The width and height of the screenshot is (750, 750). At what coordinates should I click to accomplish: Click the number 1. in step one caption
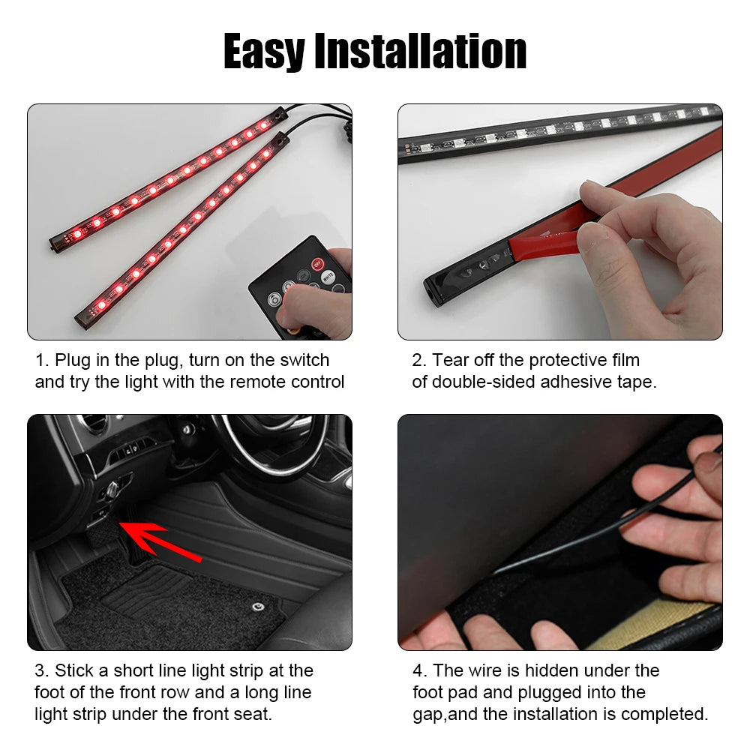coord(41,361)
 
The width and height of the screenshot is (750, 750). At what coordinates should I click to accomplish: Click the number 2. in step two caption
coord(418,361)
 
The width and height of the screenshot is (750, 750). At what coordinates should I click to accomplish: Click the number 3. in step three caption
coord(41,670)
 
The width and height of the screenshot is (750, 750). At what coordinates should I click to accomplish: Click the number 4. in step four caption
coord(419,670)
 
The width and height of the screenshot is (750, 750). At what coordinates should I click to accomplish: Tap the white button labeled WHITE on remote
coord(328,276)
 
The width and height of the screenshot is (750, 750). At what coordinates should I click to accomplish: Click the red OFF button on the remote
coord(317,263)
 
